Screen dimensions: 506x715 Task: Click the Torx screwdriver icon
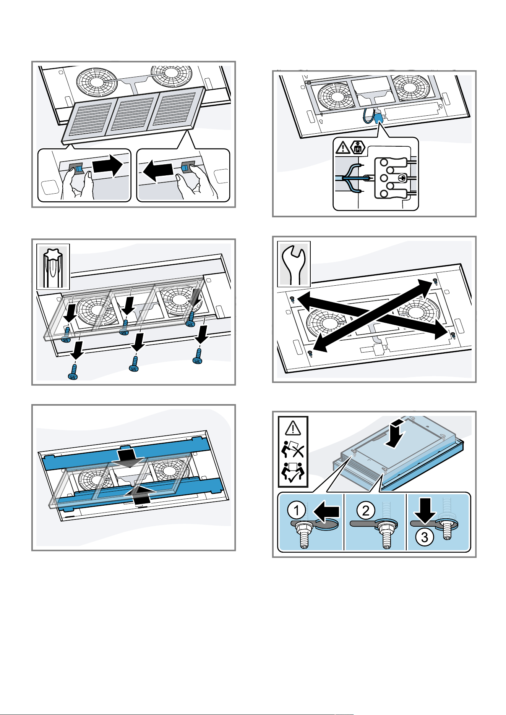pos(54,267)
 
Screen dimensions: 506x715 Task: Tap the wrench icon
pos(294,264)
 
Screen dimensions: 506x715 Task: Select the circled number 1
pos(297,510)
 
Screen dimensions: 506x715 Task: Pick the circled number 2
pos(366,510)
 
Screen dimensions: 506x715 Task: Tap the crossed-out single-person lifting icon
pos(293,449)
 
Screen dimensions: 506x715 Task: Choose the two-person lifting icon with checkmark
pos(293,473)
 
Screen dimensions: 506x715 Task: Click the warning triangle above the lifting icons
pos(293,427)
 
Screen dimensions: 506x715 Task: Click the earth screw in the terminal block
pos(401,178)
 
